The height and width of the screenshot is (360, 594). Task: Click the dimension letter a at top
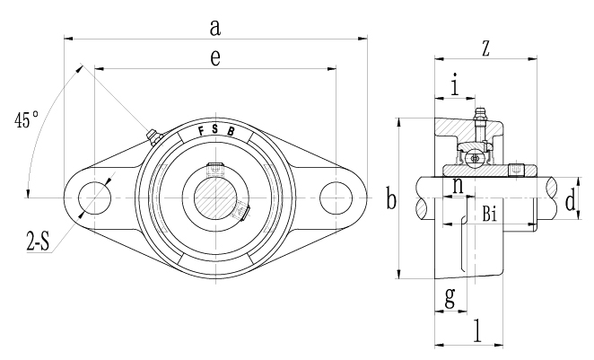tap(214, 27)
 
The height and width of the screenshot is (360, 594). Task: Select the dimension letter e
tap(214, 57)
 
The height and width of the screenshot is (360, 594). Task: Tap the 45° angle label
tap(26, 119)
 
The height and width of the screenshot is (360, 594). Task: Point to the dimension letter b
tap(390, 199)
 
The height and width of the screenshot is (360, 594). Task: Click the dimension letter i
tap(456, 86)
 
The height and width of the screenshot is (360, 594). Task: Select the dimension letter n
tap(458, 186)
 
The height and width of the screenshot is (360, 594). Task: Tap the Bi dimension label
tap(490, 214)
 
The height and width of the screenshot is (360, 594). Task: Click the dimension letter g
tap(449, 296)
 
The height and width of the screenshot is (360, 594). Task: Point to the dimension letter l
tap(476, 329)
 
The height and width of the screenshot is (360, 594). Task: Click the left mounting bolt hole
tap(92, 198)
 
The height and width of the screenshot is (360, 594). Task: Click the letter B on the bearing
tap(231, 131)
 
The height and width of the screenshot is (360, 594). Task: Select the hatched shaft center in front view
tap(214, 198)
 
